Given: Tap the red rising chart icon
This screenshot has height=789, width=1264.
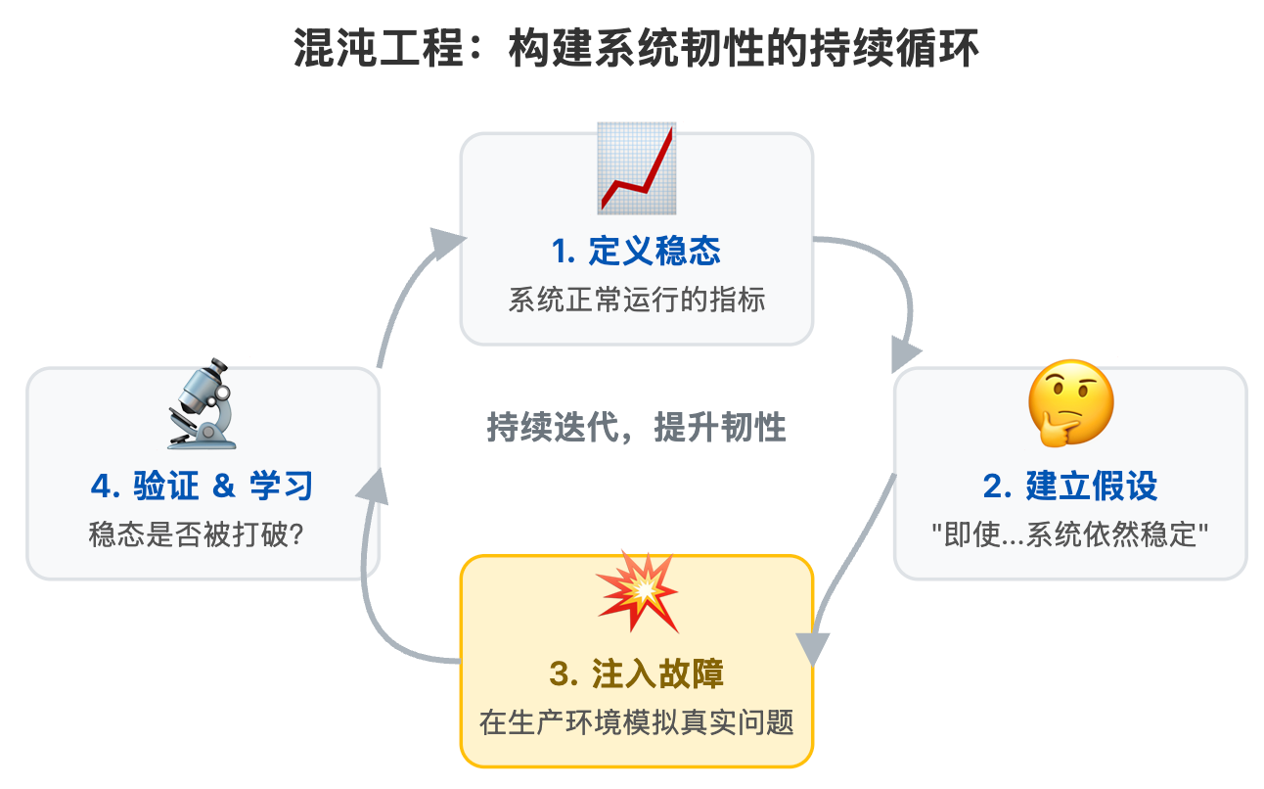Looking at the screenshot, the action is pos(637,168).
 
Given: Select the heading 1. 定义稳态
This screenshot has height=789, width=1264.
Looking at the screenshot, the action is pos(636,252).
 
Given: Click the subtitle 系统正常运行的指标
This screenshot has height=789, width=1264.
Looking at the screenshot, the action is pos(636,300).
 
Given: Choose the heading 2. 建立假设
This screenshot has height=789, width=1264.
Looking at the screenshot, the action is pos(1070,486).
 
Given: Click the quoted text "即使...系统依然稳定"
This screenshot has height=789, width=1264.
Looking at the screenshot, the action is pos(1070,534).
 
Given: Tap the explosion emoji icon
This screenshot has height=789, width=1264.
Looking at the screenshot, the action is pos(637,592).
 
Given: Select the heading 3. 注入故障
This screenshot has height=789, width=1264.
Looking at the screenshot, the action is pos(636,674).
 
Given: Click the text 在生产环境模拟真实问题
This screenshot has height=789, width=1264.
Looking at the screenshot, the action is pos(636,723).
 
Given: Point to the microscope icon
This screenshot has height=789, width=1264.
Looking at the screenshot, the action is pos(203,404).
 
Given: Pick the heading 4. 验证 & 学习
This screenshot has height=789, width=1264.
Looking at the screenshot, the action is pos(202,486).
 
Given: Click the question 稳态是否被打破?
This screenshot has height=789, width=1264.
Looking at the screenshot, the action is pos(202,534).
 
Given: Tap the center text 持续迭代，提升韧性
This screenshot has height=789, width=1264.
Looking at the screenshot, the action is pos(636,428).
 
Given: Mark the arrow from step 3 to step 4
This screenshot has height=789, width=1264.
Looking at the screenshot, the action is pos(377,607).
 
